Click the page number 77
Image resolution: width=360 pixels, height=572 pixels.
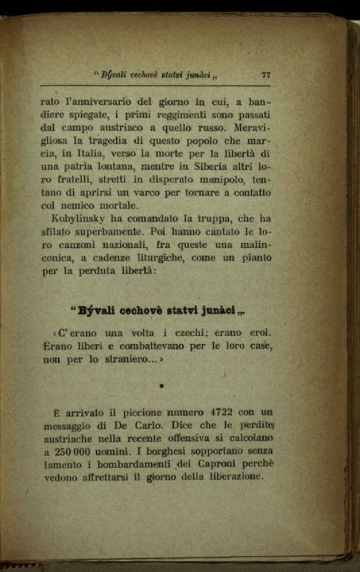266,75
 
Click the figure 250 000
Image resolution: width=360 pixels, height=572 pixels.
72,451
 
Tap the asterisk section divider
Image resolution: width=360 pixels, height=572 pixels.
161,387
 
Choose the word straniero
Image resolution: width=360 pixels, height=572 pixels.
117,359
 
